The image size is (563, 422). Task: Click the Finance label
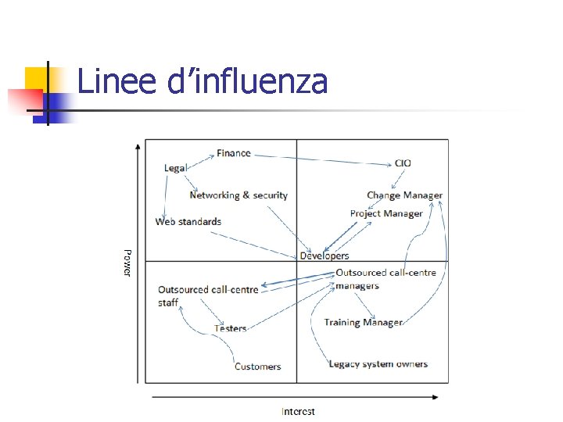click(233, 153)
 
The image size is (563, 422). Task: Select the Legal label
click(175, 168)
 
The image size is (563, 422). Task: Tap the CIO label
click(403, 163)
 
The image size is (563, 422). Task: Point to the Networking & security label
click(238, 195)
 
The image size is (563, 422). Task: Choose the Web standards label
click(188, 222)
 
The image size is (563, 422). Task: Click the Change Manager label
click(404, 195)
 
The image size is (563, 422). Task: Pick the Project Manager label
click(386, 213)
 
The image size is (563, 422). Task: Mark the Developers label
click(325, 256)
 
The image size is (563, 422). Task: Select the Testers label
click(231, 328)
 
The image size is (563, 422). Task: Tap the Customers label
click(257, 367)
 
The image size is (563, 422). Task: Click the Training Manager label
click(364, 322)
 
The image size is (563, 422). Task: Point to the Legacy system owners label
click(378, 364)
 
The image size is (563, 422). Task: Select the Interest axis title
click(298, 411)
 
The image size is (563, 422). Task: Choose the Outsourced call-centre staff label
click(207, 295)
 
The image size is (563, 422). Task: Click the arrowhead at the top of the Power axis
click(138, 145)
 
